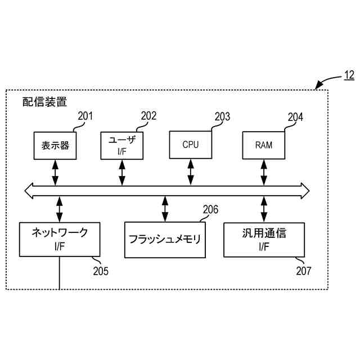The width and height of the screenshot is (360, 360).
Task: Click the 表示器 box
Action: pyautogui.click(x=55, y=145)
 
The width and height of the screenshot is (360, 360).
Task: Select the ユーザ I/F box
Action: pyautogui.click(x=122, y=145)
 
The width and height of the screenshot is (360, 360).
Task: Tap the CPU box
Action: pyautogui.click(x=191, y=145)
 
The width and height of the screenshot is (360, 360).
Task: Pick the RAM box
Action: pyautogui.click(x=263, y=145)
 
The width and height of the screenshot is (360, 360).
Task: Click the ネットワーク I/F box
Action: pyautogui.click(x=59, y=238)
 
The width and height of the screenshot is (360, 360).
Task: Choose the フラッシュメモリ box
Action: pyautogui.click(x=164, y=239)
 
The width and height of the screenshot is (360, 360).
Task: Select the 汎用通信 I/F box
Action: pyautogui.click(x=264, y=239)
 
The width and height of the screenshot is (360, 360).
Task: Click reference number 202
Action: pyautogui.click(x=148, y=116)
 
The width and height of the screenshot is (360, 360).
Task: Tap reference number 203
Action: pyautogui.click(x=222, y=117)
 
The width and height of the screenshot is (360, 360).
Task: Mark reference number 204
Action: pyautogui.click(x=295, y=118)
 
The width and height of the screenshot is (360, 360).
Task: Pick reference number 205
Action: pyautogui.click(x=101, y=271)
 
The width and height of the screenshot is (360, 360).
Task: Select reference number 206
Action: pyautogui.click(x=210, y=210)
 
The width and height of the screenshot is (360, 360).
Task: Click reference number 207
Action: pyautogui.click(x=303, y=271)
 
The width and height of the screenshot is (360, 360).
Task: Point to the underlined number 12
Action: pyautogui.click(x=349, y=75)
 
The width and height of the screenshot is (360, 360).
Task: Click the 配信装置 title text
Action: pyautogui.click(x=44, y=102)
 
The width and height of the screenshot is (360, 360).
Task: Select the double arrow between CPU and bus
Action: pyautogui.click(x=191, y=172)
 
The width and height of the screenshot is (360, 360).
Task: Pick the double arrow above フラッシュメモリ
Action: pyautogui.click(x=164, y=209)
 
